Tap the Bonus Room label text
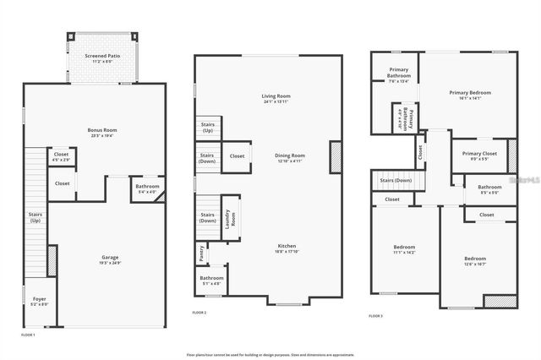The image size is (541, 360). [x=101, y=130]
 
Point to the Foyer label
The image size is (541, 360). [x=40, y=299]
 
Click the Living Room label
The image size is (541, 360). [x=276, y=97]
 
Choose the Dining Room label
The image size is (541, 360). [x=290, y=155]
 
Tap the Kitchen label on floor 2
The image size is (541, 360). [x=287, y=246]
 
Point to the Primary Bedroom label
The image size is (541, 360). [x=469, y=92]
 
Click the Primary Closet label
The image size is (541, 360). [x=478, y=153]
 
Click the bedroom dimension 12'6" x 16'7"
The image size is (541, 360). [x=474, y=264]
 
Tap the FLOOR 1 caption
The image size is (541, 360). [x=28, y=335]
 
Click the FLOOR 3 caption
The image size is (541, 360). [x=375, y=315]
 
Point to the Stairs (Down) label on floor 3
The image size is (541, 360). [x=396, y=180]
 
